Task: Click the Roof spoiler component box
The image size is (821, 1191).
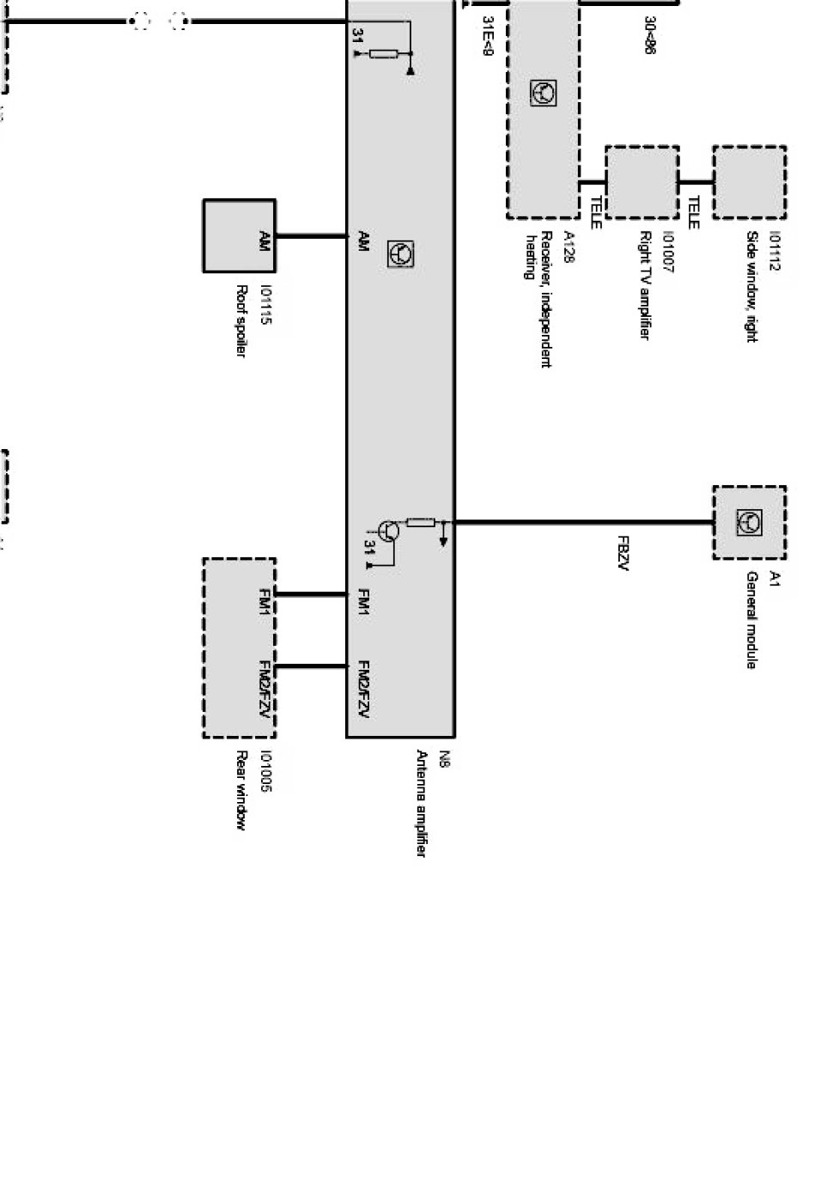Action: coord(239,235)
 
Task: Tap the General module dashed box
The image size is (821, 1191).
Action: coord(749,522)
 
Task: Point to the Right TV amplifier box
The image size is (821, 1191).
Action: coord(642,182)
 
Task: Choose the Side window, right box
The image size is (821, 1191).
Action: coord(749,182)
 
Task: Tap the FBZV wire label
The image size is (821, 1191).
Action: coord(623,553)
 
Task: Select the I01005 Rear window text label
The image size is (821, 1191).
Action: coord(254,790)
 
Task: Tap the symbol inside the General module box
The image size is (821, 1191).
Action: coord(749,521)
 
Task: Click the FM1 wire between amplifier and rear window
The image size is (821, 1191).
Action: coord(311,593)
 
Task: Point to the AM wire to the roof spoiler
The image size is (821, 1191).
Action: coord(311,235)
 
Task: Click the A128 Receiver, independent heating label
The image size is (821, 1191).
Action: coord(548,297)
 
